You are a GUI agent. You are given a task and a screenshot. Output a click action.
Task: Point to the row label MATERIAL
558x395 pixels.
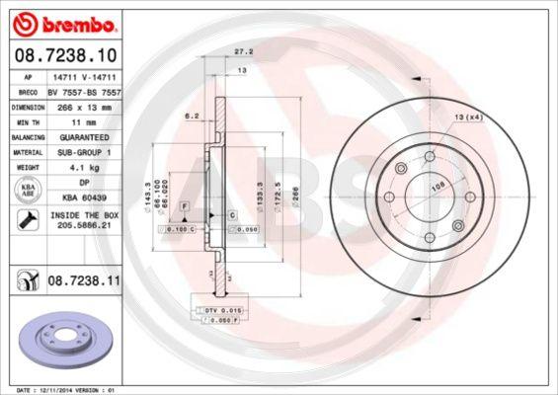(27, 153)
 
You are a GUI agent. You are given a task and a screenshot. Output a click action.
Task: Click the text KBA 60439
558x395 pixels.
(83, 197)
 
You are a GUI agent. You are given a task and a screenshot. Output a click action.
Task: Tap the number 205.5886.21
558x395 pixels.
(83, 227)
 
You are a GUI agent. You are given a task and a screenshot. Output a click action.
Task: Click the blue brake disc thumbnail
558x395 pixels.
(62, 341)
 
